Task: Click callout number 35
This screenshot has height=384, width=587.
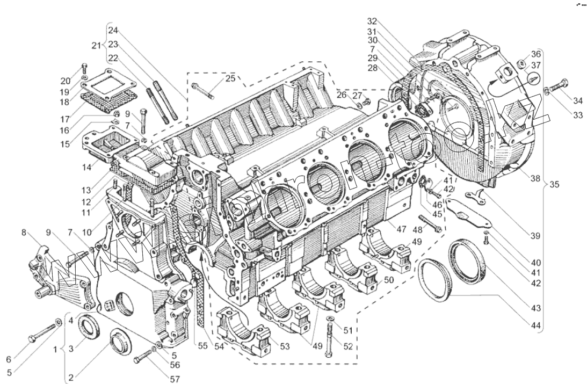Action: click(554, 185)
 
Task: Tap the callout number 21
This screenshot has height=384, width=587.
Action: click(96, 45)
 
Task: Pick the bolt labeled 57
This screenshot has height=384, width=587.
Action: click(141, 356)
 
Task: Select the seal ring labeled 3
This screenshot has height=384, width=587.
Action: click(88, 327)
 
